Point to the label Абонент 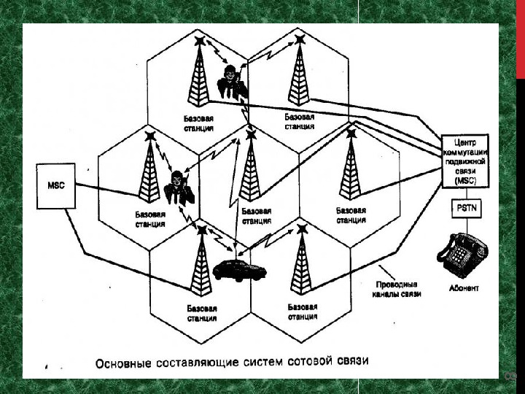click(x=464, y=289)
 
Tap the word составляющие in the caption click(x=190, y=361)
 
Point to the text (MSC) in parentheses click(x=464, y=179)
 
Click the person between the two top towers click(x=233, y=81)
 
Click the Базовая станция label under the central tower click(x=256, y=215)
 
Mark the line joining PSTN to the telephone click(x=464, y=225)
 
